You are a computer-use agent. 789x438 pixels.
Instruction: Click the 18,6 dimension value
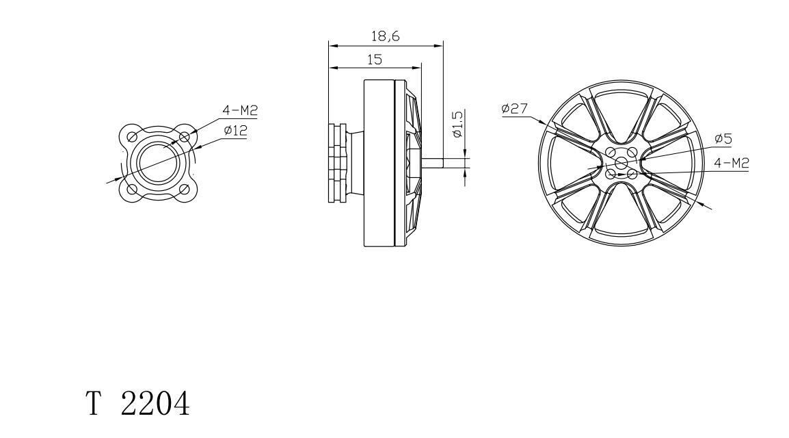click(x=386, y=36)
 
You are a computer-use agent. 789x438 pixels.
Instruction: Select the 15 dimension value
click(x=375, y=60)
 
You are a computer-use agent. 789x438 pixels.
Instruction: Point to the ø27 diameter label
click(x=514, y=108)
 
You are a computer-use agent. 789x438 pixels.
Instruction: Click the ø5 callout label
click(x=723, y=138)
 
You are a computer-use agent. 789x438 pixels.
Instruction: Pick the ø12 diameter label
click(x=235, y=131)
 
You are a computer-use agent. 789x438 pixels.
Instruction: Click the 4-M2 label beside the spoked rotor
click(x=732, y=163)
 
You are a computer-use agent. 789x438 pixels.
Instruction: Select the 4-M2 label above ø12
click(x=240, y=110)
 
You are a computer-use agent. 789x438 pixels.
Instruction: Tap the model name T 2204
click(x=138, y=403)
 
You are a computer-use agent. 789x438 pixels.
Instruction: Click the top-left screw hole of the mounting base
click(x=133, y=136)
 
